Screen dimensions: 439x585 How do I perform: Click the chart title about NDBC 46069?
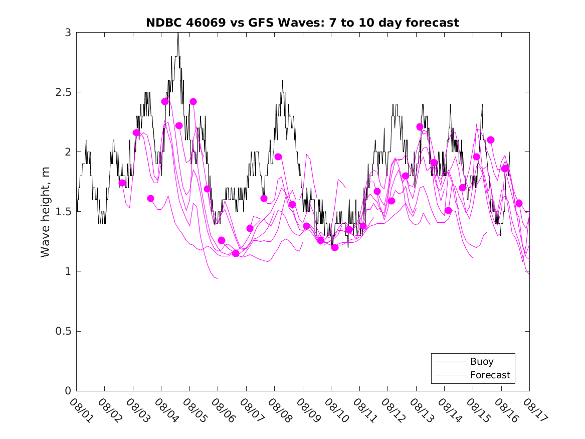coord(302,23)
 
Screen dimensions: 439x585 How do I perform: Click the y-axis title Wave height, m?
coord(46,212)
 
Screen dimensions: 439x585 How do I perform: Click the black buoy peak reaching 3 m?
coord(178,34)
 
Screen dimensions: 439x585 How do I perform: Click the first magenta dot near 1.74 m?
coord(122,183)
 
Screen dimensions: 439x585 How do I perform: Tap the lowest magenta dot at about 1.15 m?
coord(236,253)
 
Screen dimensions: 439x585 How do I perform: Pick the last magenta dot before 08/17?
coord(519,203)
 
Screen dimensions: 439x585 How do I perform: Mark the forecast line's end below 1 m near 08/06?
coord(217,278)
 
